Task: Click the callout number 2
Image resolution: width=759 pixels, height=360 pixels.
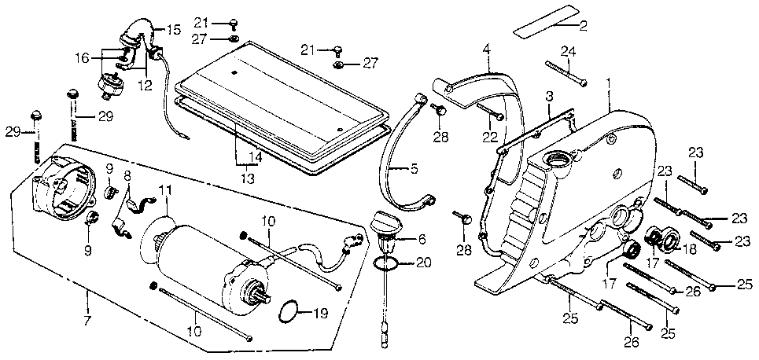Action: click(583, 27)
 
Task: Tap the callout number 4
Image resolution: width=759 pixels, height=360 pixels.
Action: click(487, 50)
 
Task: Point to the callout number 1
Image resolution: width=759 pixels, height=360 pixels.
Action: click(608, 81)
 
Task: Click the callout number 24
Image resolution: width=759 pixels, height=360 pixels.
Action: click(567, 52)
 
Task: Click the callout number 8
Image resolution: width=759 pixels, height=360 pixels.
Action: click(127, 177)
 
